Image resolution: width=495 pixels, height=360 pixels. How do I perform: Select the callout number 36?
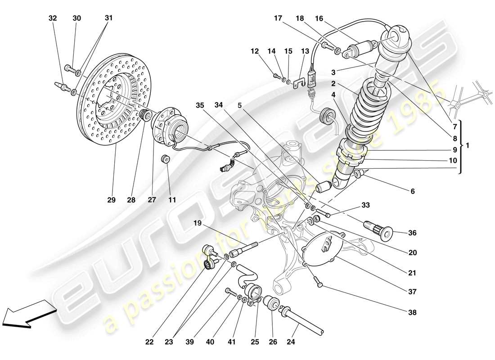412,233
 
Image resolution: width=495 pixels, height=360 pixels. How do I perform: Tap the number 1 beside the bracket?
468,145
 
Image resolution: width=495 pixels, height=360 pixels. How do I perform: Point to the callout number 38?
412,312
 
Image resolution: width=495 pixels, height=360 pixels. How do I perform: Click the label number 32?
53,18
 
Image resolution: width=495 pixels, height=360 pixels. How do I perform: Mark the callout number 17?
278,18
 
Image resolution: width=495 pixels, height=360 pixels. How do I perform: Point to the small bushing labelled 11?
166,159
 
